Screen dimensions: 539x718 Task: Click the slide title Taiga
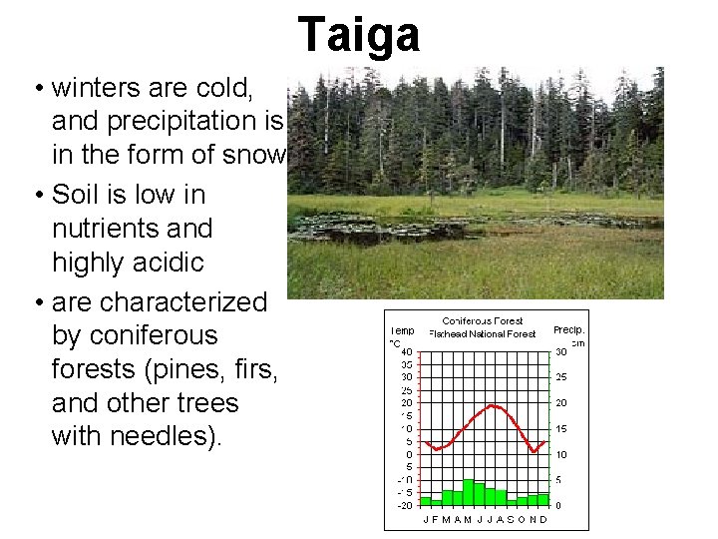tap(359, 34)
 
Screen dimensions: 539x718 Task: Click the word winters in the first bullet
tap(98, 87)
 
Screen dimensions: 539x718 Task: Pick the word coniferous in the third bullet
tap(137, 334)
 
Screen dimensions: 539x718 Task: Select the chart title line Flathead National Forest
tap(482, 333)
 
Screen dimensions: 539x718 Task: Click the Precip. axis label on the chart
tap(569, 329)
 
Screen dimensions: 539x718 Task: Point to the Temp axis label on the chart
tap(402, 329)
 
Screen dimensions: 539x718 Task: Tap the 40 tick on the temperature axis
tap(407, 351)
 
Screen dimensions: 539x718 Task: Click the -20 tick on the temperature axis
tap(404, 505)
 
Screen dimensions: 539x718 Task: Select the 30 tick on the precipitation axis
tap(561, 351)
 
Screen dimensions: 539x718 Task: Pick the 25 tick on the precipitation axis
tap(561, 377)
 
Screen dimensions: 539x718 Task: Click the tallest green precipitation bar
tap(469, 492)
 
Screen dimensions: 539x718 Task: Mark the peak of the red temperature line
tap(491, 405)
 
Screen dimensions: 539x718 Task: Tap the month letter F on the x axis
tap(436, 519)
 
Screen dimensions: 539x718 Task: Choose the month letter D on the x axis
tap(543, 519)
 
